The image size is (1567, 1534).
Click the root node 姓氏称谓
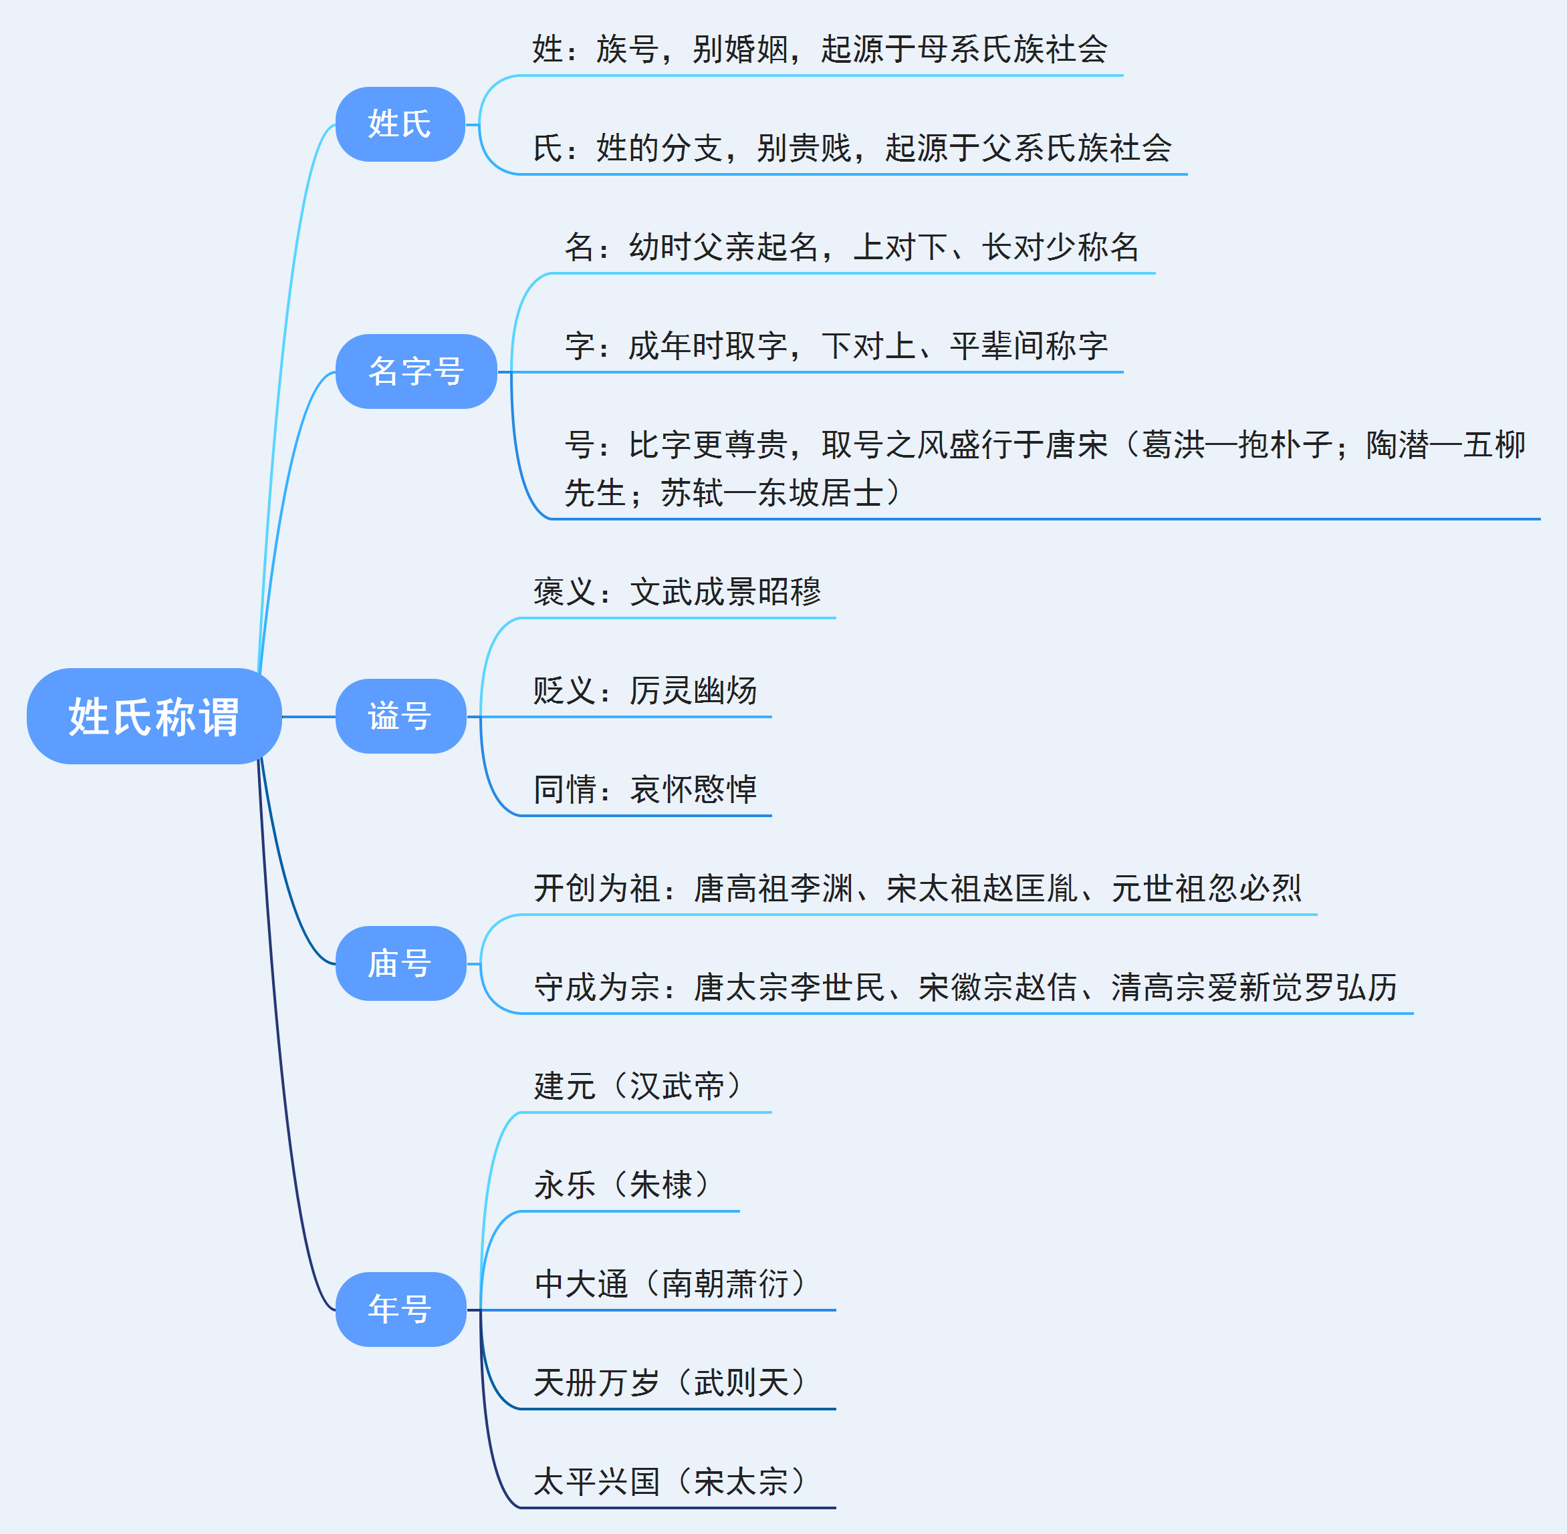click(x=154, y=716)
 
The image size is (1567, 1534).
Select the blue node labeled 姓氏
click(x=400, y=124)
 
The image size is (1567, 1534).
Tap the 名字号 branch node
click(x=416, y=371)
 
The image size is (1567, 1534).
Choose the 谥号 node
click(x=400, y=716)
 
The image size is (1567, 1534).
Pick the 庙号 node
click(x=400, y=963)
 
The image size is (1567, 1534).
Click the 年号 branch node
click(x=400, y=1310)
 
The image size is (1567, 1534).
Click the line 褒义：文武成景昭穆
click(x=677, y=592)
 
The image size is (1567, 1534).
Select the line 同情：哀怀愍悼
click(x=645, y=790)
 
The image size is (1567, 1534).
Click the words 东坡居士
click(x=820, y=493)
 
